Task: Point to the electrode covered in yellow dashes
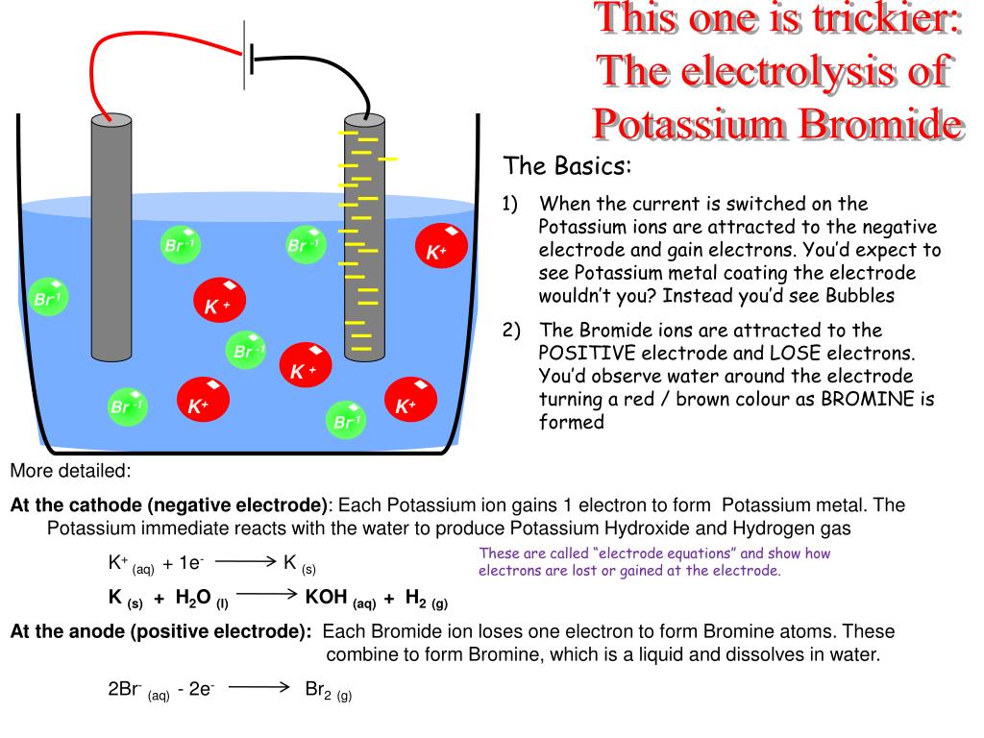coord(363,240)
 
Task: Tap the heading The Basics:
coord(568,166)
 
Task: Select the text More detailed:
coord(70,472)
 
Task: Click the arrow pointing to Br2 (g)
coord(259,687)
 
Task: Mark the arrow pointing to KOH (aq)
coord(265,595)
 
